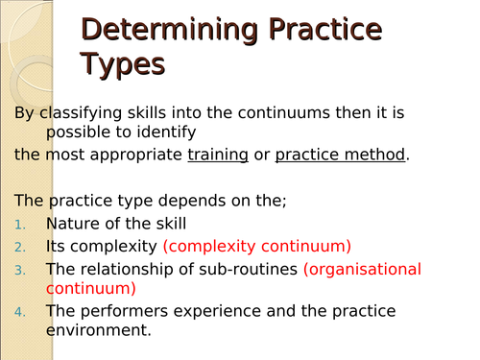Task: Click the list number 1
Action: click(x=21, y=225)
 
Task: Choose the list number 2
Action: click(x=21, y=246)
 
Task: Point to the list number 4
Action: click(x=21, y=311)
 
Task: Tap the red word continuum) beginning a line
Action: click(x=91, y=287)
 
